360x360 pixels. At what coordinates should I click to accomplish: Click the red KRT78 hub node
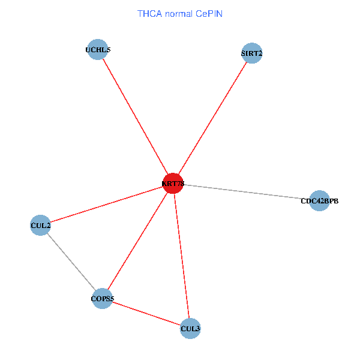pyautogui.click(x=173, y=183)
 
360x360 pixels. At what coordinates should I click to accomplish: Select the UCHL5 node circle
pyautogui.click(x=98, y=50)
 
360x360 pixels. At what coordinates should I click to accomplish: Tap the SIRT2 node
pyautogui.click(x=251, y=53)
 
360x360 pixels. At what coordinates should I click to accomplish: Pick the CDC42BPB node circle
pyautogui.click(x=320, y=201)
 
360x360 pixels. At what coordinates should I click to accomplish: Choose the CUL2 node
pyautogui.click(x=40, y=226)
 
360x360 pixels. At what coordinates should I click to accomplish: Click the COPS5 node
pyautogui.click(x=103, y=298)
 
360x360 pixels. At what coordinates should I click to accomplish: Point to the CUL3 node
pyautogui.click(x=190, y=328)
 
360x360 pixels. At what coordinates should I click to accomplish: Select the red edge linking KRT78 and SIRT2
pyautogui.click(x=212, y=118)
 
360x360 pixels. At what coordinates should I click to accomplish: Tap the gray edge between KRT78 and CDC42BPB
pyautogui.click(x=246, y=192)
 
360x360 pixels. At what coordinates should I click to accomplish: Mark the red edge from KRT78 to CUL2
pyautogui.click(x=106, y=204)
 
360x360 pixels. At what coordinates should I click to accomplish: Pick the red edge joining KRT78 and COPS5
pyautogui.click(x=138, y=241)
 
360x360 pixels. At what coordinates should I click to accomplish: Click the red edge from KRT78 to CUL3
pyautogui.click(x=181, y=256)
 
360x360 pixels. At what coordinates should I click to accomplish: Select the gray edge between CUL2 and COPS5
pyautogui.click(x=71, y=262)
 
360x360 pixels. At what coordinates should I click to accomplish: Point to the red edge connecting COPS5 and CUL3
pyautogui.click(x=146, y=313)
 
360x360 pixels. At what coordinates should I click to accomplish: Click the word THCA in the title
pyautogui.click(x=149, y=13)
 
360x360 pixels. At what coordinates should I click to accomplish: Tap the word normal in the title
pyautogui.click(x=179, y=13)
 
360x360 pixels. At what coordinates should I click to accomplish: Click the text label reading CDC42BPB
pyautogui.click(x=320, y=201)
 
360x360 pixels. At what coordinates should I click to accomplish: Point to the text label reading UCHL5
pyautogui.click(x=98, y=50)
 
